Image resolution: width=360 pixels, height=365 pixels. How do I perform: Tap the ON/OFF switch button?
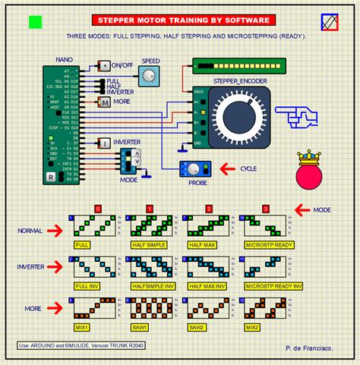point(104,67)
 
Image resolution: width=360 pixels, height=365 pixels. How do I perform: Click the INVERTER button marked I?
point(103,142)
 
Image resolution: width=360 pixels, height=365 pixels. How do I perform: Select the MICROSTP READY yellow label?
point(264,246)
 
